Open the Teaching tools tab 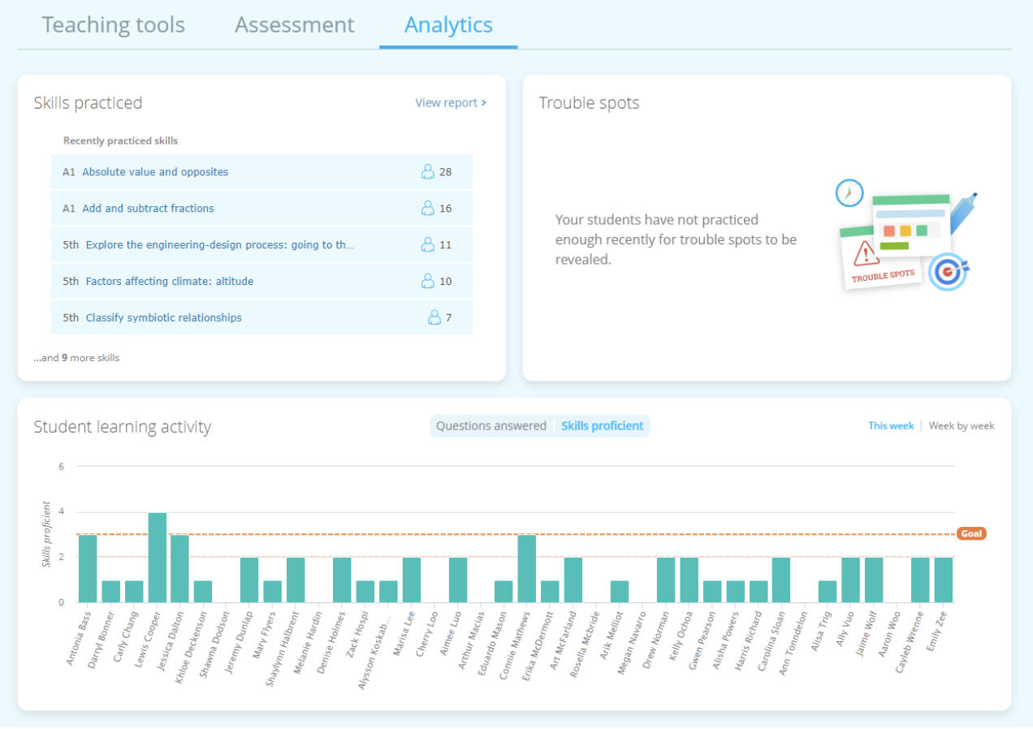click(114, 25)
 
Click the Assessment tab click(295, 25)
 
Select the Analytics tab click(448, 25)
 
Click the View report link click(451, 103)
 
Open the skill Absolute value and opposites click(155, 172)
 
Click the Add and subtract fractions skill click(148, 209)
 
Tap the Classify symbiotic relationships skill click(163, 318)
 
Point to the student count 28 click(445, 172)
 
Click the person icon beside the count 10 click(428, 281)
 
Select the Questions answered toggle click(491, 426)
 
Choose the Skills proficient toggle click(602, 426)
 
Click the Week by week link click(962, 426)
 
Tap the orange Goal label click(971, 534)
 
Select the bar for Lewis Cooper click(158, 558)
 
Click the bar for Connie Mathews click(526, 568)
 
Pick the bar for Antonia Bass click(88, 568)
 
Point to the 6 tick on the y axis click(60, 467)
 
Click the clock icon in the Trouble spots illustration click(849, 193)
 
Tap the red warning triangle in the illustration click(867, 253)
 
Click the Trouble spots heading click(589, 103)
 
